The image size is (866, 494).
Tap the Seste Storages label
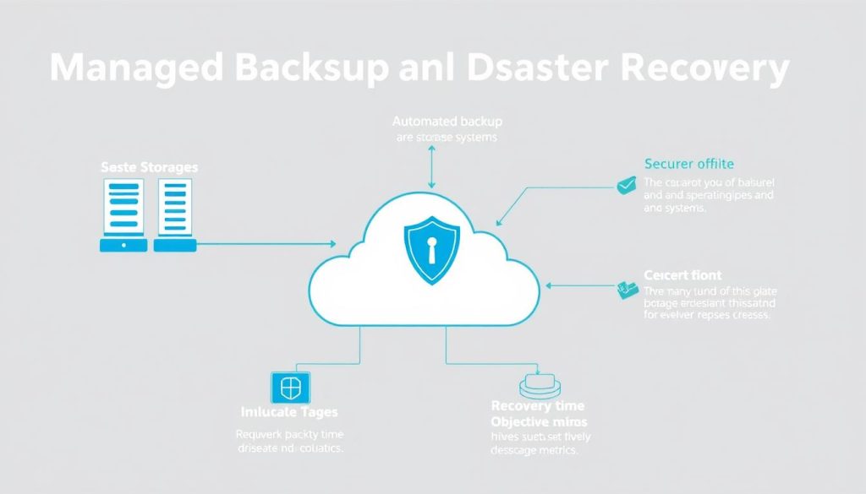(x=149, y=167)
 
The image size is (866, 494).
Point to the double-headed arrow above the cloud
(x=432, y=166)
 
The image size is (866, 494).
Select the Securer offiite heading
(x=688, y=164)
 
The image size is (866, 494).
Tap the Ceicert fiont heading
(x=682, y=274)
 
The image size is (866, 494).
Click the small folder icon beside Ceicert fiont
(x=627, y=290)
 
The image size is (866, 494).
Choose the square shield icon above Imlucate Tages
(x=289, y=388)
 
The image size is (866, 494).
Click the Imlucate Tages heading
(x=289, y=412)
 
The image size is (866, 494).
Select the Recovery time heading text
(x=537, y=406)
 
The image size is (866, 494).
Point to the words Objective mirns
(x=540, y=421)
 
